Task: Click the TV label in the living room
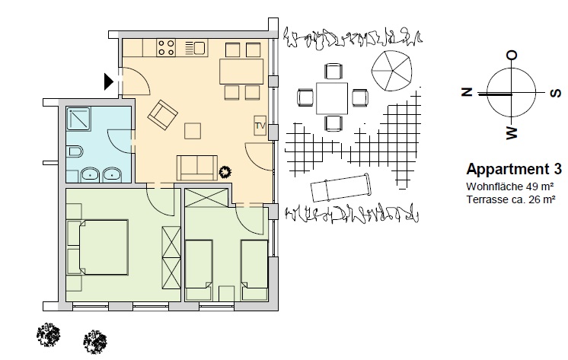point(260,126)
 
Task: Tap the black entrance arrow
point(109,81)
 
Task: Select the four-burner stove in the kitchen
point(166,48)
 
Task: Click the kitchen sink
point(196,48)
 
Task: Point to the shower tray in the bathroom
point(78,119)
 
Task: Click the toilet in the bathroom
point(75,151)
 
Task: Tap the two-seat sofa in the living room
point(197,167)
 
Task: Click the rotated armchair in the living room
point(163,115)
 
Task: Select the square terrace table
point(332,98)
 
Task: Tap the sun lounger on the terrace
point(340,187)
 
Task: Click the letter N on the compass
point(467,92)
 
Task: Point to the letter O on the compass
point(512,56)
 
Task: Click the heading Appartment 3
point(514,169)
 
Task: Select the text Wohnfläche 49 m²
point(510,187)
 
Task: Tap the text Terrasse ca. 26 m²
point(511,199)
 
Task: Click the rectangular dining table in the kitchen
point(241,71)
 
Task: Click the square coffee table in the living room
point(193,131)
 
